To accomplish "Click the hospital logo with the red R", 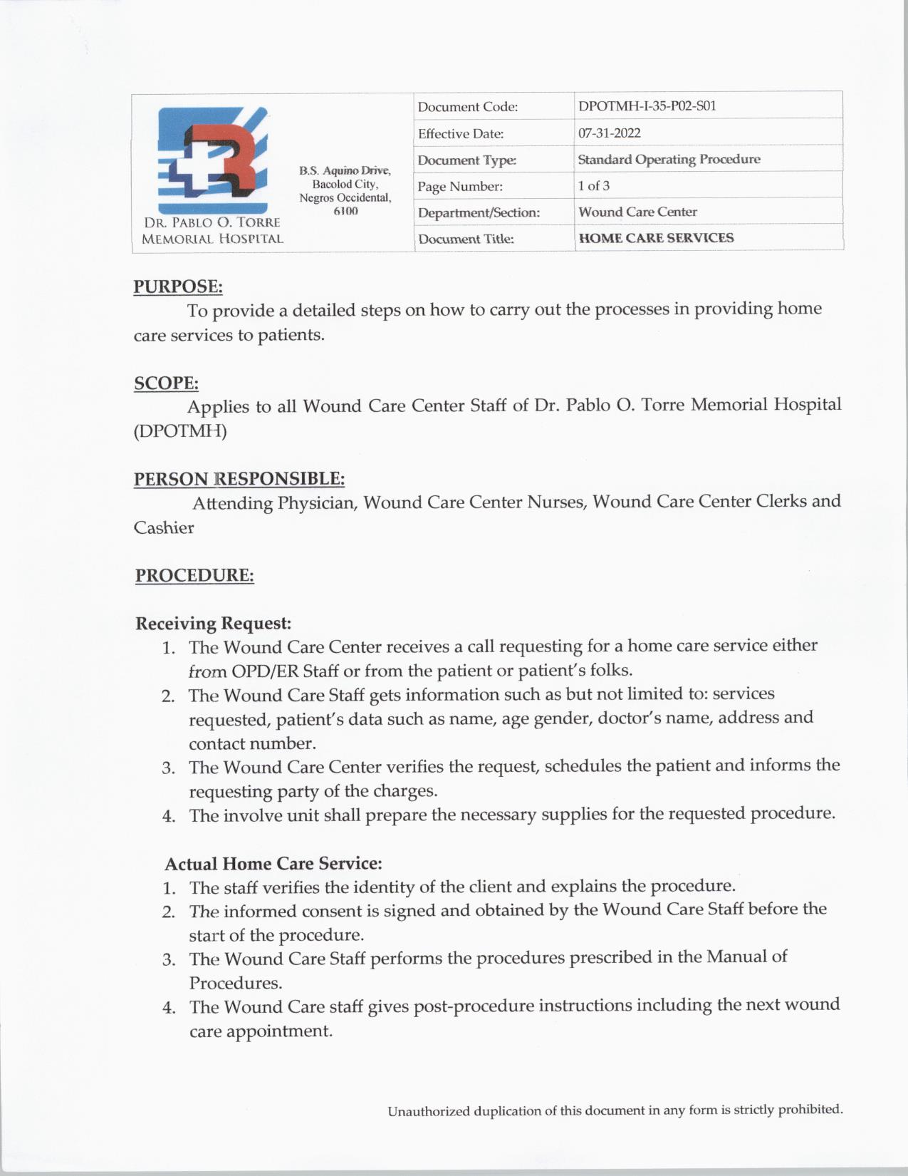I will (212, 160).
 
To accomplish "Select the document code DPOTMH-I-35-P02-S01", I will (647, 106).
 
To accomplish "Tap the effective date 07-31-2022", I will (609, 133).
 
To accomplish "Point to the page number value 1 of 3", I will (593, 186).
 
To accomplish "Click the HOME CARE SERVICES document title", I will (655, 238).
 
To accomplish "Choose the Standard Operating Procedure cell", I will (668, 159).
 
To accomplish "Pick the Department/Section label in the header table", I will (479, 212).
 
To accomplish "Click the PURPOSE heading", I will (178, 287).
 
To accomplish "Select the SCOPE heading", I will (166, 383).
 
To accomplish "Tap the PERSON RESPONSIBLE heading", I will (239, 479).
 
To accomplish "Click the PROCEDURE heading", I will (194, 575).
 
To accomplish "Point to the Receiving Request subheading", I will (213, 624).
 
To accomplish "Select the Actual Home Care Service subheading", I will (273, 864).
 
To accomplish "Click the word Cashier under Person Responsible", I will (164, 528).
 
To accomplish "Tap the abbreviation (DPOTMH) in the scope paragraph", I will (180, 431).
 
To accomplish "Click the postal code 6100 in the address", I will (345, 212).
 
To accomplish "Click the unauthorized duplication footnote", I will (615, 1110).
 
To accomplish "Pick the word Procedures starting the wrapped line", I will (235, 984).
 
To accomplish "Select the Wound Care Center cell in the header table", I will (637, 212).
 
